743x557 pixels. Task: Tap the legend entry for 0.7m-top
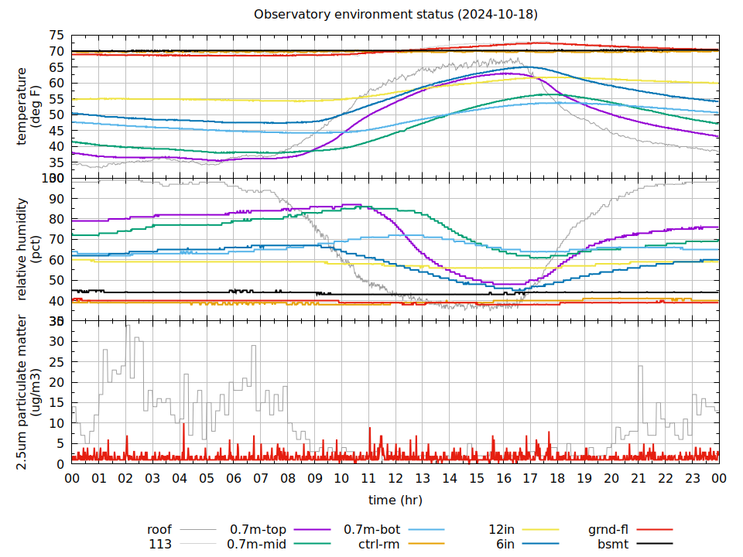click(259, 530)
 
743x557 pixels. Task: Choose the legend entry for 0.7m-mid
click(257, 544)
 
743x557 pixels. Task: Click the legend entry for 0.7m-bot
click(371, 530)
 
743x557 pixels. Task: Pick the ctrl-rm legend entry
click(378, 544)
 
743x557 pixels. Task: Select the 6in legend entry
click(505, 544)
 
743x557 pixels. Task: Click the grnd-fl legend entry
click(608, 530)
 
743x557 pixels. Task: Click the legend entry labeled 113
click(160, 544)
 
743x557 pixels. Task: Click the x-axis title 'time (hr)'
click(395, 500)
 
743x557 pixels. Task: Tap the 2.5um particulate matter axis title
click(23, 392)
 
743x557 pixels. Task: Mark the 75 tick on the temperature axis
click(56, 36)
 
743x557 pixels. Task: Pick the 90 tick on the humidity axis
click(56, 199)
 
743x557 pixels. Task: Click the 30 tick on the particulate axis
click(56, 341)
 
